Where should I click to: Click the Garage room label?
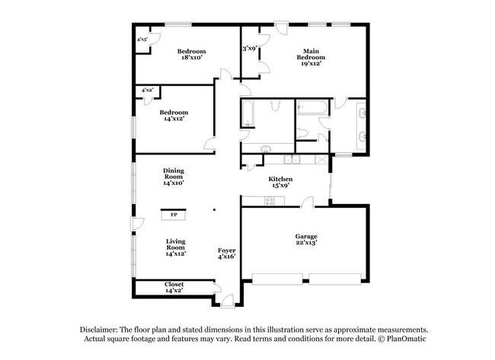306,237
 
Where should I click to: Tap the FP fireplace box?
174,215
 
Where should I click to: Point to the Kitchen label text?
279,180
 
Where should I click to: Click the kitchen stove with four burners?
268,200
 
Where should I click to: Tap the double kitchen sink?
292,160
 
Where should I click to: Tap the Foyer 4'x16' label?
227,253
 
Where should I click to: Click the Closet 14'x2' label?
174,287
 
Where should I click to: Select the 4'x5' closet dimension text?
142,40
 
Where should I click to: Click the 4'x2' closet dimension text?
147,90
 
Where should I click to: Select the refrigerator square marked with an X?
322,160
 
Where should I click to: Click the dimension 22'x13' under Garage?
306,244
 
